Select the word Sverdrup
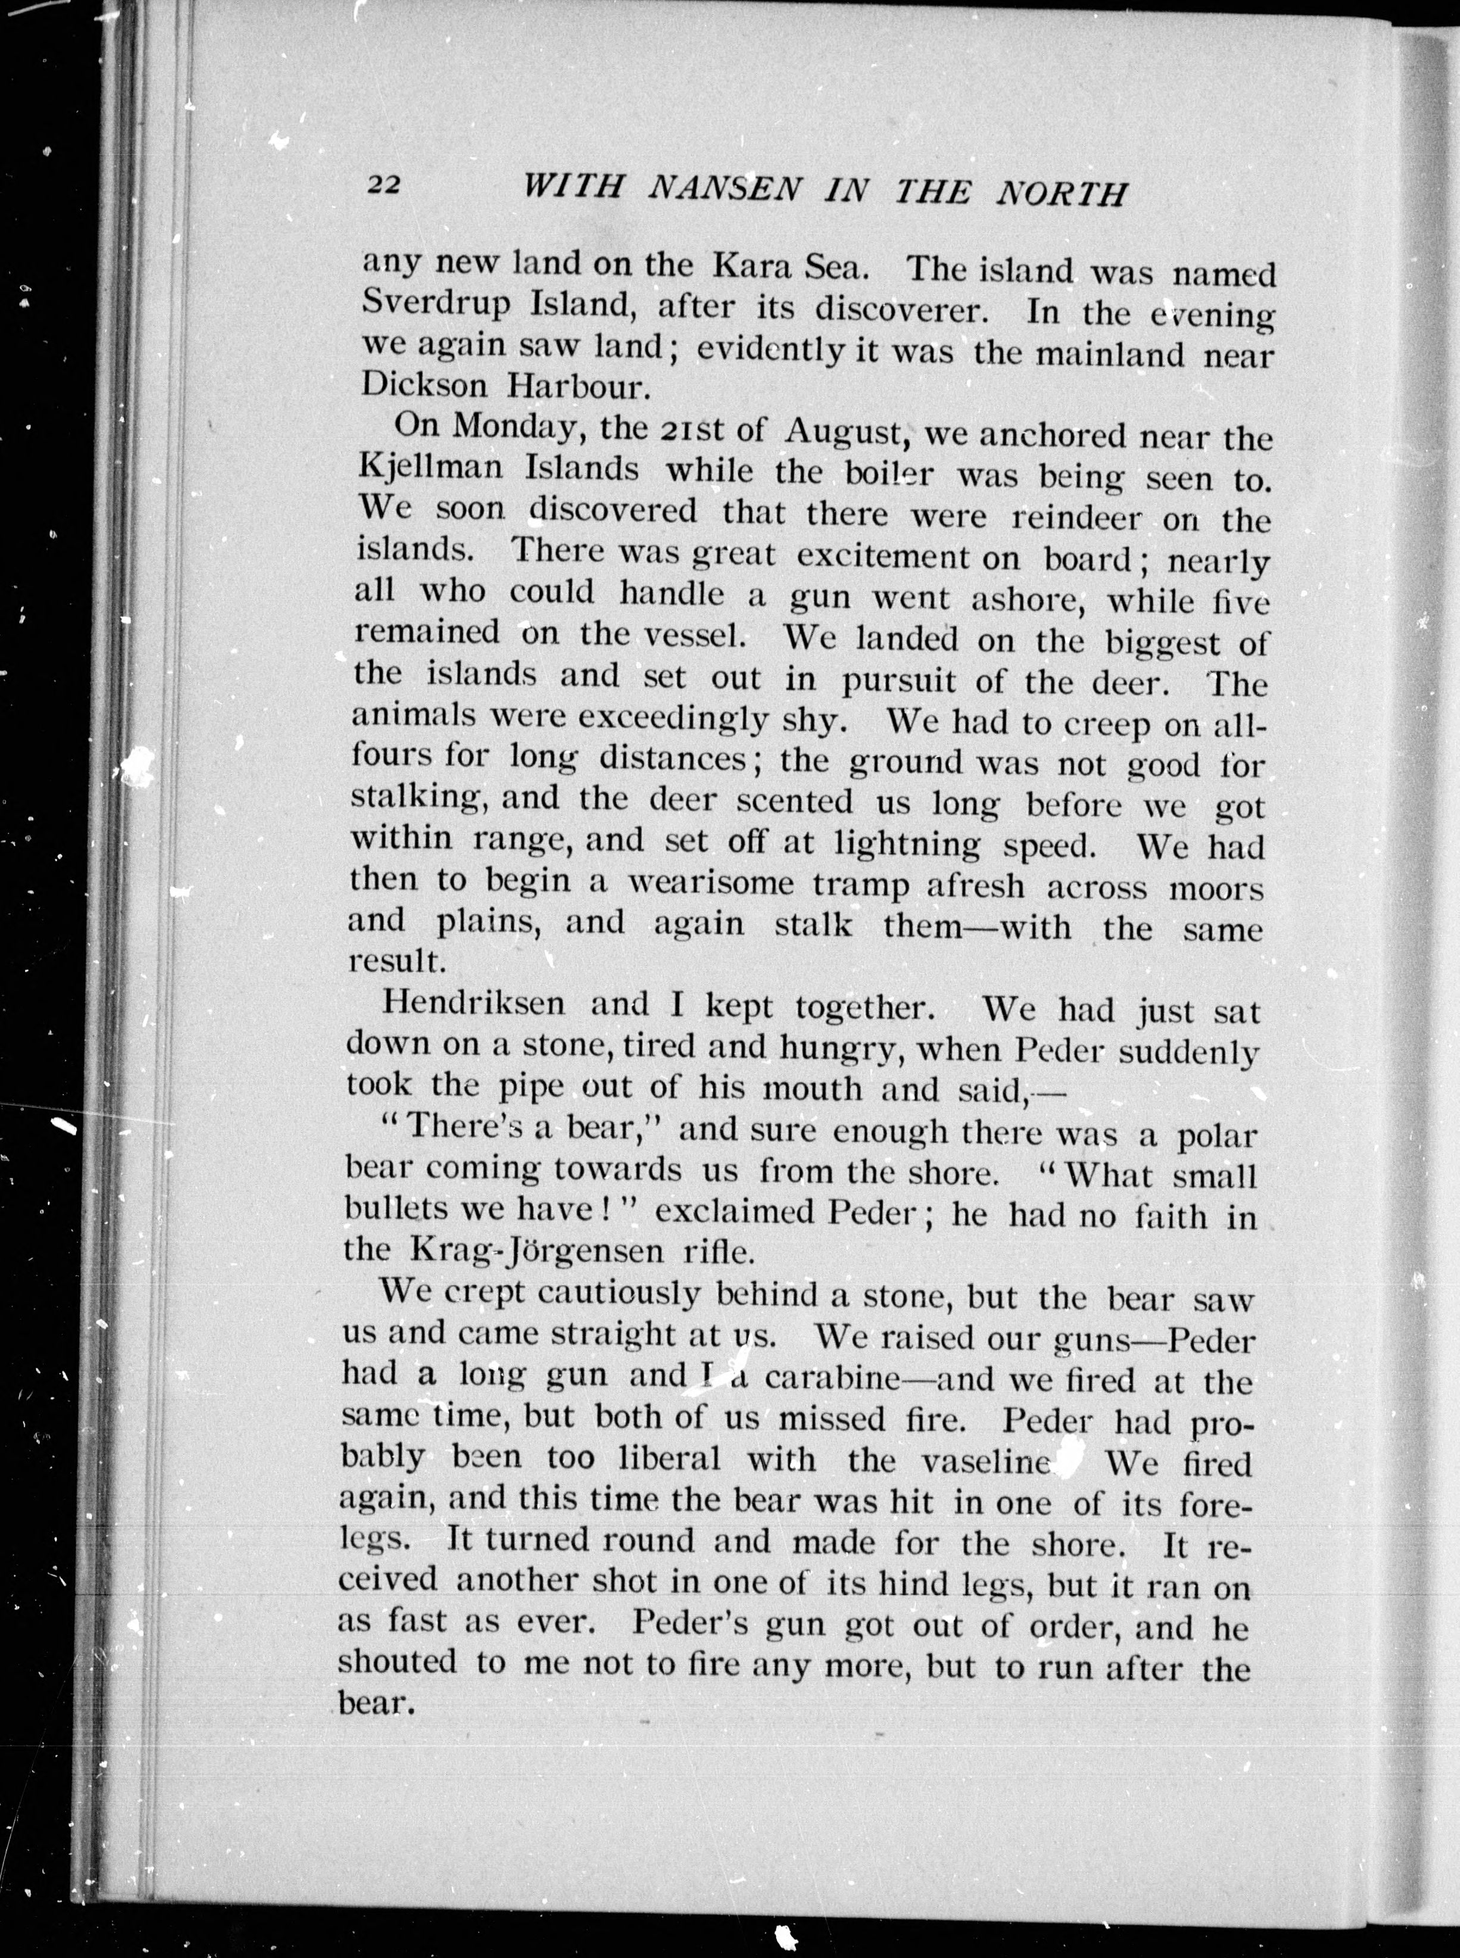[x=438, y=305]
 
